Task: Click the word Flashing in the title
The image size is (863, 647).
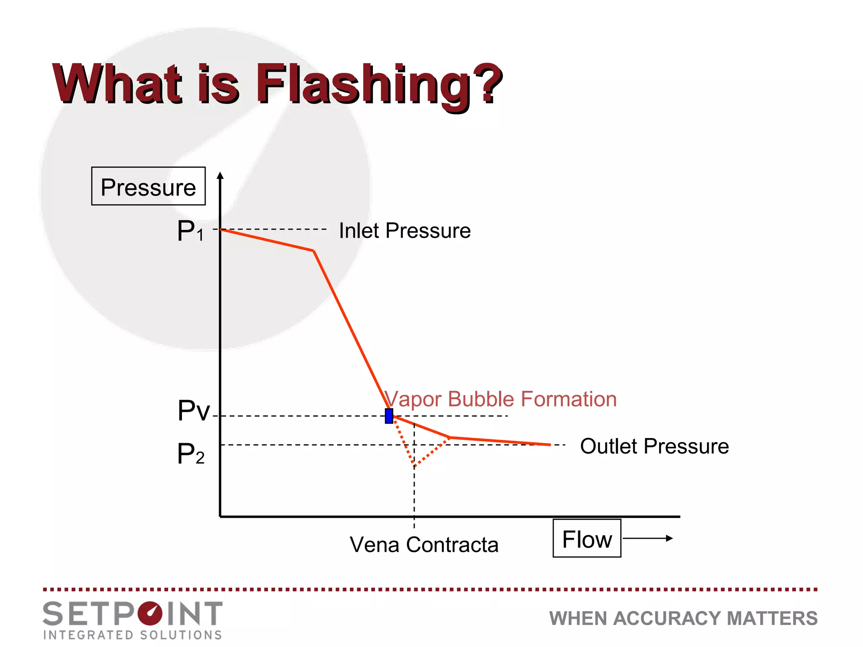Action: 362,84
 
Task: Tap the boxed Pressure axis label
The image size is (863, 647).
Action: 148,187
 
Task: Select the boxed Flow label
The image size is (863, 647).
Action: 587,539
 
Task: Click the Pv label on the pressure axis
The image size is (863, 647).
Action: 193,410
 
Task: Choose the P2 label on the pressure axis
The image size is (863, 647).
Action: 190,454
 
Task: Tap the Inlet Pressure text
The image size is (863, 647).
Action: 405,231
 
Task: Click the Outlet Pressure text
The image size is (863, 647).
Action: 654,446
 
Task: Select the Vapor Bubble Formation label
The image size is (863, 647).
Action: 501,399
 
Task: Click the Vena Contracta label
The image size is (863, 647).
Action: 424,545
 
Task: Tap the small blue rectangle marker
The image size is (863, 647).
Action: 389,416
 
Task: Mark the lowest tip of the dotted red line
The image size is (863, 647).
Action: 414,466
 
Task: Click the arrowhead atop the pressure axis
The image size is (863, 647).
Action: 220,175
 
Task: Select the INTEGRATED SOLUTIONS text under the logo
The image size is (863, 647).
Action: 133,635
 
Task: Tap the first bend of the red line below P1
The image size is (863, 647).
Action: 314,251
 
